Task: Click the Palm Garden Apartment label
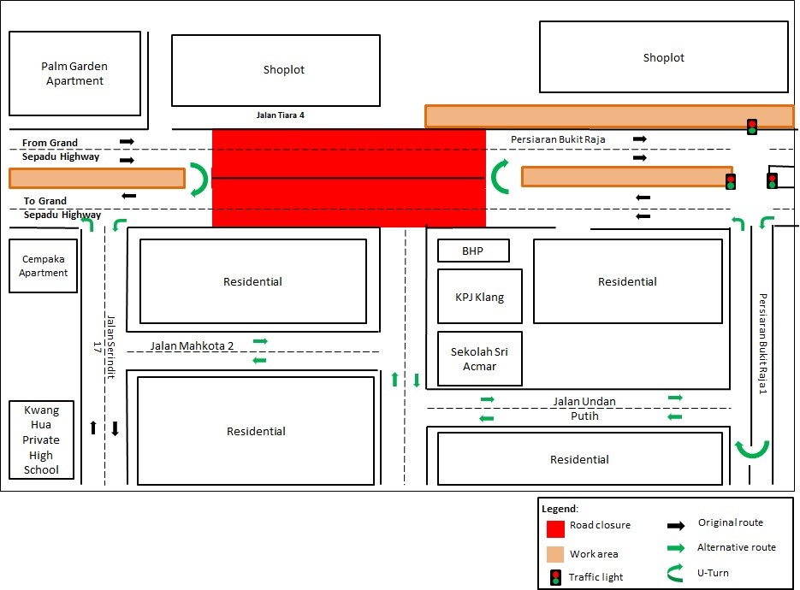75,74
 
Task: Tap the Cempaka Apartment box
44,266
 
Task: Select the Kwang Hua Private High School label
41,440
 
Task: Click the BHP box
473,251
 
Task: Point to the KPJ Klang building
479,298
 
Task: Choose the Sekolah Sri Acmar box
479,359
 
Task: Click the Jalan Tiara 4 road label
280,115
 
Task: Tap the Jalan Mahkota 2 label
192,346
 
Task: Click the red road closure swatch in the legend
555,526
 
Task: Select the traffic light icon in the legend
555,577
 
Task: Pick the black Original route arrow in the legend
676,525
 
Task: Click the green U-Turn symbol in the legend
676,574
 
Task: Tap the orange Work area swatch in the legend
555,553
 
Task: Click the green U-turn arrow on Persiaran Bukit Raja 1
753,448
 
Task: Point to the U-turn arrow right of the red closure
501,177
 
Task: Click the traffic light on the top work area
752,127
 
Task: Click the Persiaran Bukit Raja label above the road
554,139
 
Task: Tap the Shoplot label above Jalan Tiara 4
284,70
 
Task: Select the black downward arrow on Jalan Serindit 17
115,428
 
